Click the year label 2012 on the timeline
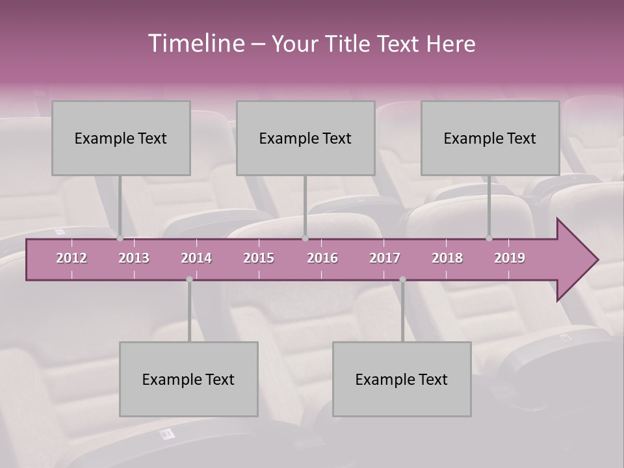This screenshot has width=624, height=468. (x=71, y=258)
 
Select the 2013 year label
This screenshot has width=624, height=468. (x=134, y=258)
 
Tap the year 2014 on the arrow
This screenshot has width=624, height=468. (x=196, y=258)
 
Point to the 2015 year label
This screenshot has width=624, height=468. (x=259, y=258)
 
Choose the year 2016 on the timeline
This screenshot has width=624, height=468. (x=322, y=258)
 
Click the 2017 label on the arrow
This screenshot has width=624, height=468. (x=385, y=258)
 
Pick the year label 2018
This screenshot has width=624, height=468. (x=447, y=258)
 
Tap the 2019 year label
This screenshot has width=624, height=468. (x=510, y=258)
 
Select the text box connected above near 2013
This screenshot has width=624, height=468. (x=121, y=138)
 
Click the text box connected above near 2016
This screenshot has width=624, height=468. (x=305, y=138)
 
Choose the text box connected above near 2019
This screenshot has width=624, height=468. (x=490, y=138)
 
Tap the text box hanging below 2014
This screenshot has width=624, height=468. (x=188, y=379)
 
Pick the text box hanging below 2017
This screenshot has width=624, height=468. (x=402, y=379)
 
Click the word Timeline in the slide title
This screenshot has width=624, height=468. (x=195, y=44)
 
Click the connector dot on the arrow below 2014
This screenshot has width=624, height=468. (x=189, y=279)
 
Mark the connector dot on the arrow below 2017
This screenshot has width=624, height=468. (x=402, y=279)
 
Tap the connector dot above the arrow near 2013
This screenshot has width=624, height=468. (x=120, y=239)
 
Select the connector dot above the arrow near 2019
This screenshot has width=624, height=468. (x=489, y=239)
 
